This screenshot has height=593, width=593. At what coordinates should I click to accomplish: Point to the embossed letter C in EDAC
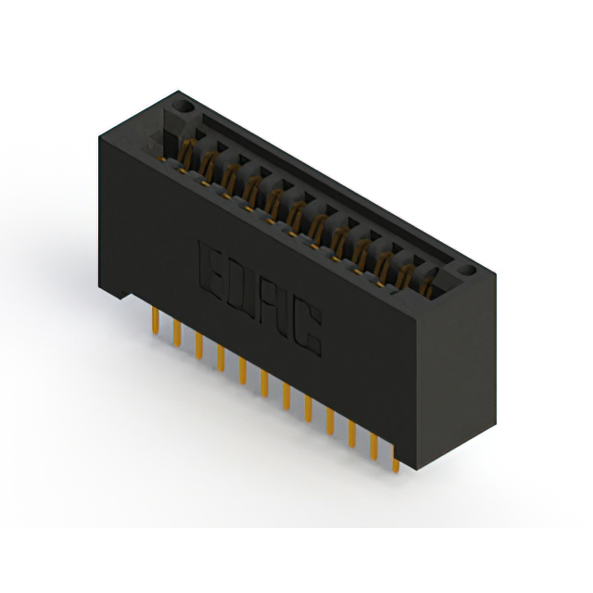coord(307,327)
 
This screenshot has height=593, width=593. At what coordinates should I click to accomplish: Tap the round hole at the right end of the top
coord(466,270)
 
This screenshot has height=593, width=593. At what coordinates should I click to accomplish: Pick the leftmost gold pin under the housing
coord(155,321)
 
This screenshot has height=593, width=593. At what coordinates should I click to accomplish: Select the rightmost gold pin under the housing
coord(396,460)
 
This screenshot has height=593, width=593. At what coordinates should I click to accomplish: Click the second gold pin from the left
coord(177,333)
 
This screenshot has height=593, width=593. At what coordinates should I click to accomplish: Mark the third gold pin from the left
coord(199,346)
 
